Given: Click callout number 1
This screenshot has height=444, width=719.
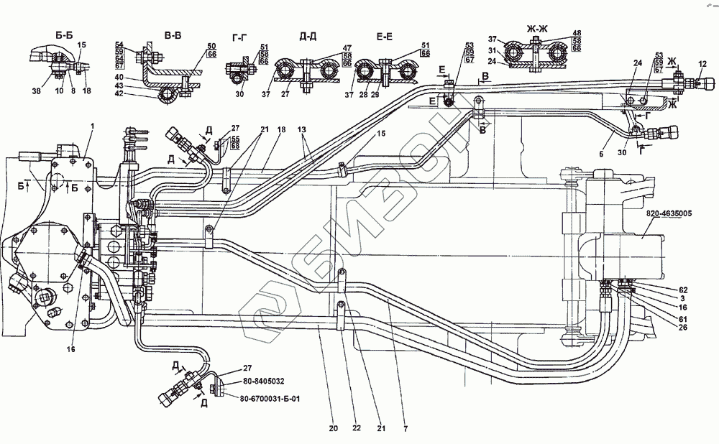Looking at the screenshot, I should [x=92, y=127].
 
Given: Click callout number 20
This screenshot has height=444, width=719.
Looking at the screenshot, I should [x=333, y=430].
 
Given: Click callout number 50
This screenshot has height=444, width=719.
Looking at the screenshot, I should [x=191, y=46].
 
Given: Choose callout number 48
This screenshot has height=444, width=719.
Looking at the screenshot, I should [x=557, y=33].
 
